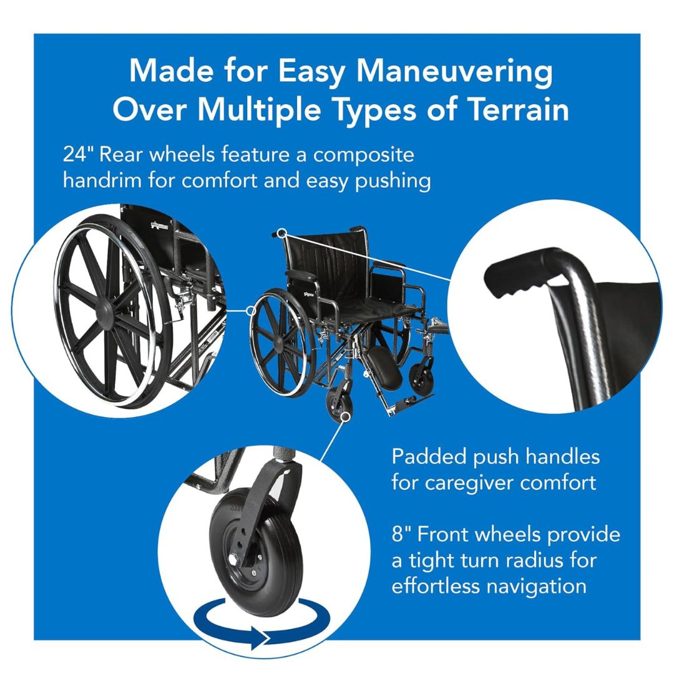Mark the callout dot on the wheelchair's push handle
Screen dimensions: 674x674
(x=283, y=233)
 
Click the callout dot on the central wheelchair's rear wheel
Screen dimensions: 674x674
(x=252, y=310)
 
